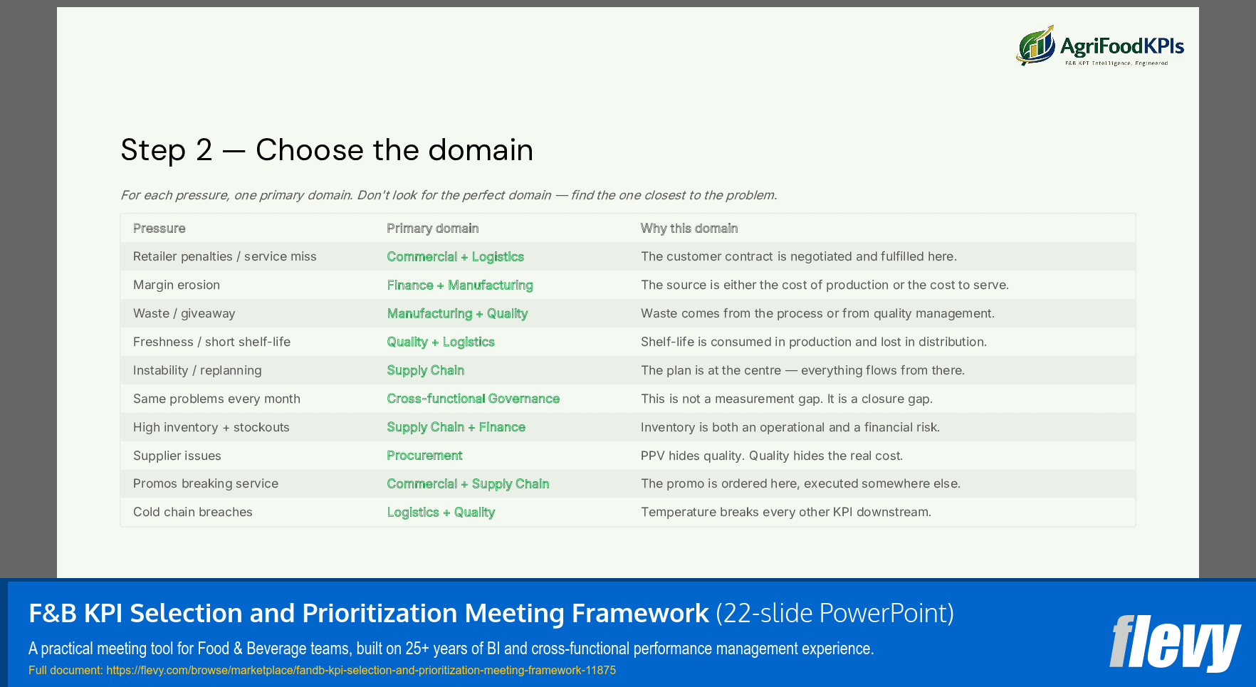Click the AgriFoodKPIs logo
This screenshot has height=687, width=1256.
(x=1100, y=46)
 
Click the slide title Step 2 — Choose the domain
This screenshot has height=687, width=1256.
(x=327, y=150)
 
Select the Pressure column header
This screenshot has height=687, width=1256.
(x=159, y=229)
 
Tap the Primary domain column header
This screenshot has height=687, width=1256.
(x=432, y=229)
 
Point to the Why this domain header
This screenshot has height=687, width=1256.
(x=689, y=229)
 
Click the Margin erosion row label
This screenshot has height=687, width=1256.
(x=177, y=285)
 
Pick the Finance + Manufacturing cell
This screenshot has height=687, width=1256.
(x=460, y=285)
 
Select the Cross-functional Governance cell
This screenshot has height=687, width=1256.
(x=473, y=399)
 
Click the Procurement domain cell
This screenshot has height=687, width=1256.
(x=424, y=456)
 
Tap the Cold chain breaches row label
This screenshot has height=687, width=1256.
(x=193, y=512)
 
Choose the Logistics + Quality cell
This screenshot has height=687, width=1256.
(x=441, y=512)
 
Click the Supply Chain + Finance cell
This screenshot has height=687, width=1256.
(x=456, y=427)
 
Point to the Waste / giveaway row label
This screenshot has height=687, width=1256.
(x=184, y=313)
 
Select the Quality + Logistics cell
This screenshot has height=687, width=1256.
(x=441, y=342)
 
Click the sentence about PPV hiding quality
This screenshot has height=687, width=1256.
(x=771, y=456)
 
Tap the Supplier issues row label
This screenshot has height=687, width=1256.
(x=177, y=456)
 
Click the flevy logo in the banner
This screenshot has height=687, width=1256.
(x=1175, y=643)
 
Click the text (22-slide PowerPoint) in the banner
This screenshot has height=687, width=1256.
(x=834, y=613)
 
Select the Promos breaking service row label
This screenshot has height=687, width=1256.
(x=206, y=483)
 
